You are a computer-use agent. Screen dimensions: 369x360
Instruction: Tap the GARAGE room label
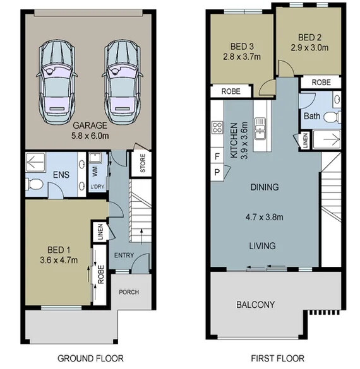tap(88, 125)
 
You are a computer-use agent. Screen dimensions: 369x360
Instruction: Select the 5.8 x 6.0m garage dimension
tap(88, 135)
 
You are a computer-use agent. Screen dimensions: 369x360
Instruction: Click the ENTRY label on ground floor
tap(124, 255)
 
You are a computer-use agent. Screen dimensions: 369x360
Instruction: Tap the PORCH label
tap(128, 292)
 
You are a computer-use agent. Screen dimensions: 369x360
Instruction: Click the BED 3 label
tap(243, 45)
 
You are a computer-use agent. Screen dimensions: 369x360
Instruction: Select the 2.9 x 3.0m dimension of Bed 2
tap(310, 47)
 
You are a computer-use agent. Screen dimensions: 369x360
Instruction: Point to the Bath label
tap(311, 117)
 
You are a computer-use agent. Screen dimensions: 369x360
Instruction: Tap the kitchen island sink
tap(259, 131)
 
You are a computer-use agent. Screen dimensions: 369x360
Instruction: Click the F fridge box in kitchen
tap(217, 156)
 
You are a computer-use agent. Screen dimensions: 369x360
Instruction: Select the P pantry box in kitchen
tap(217, 172)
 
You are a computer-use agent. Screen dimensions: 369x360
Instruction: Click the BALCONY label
tap(255, 305)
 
